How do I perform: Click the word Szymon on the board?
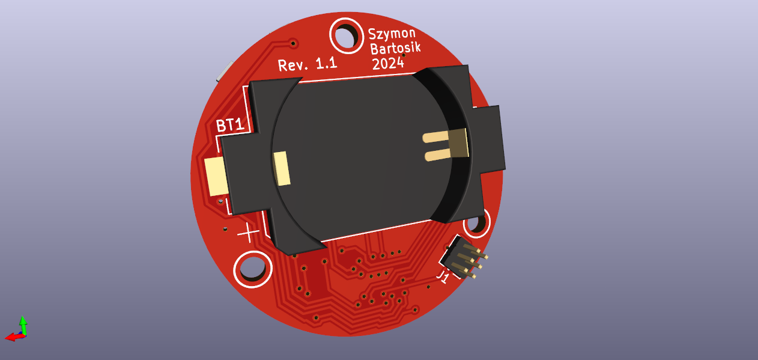392,34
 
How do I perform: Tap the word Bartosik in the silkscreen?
395,49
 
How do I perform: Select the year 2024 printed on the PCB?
387,64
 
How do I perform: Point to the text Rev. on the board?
293,65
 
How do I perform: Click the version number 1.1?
326,63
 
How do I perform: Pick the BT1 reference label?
231,126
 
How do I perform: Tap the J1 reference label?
443,277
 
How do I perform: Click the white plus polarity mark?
249,232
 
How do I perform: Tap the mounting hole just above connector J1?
476,223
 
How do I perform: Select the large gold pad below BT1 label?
216,176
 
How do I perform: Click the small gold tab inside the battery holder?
282,168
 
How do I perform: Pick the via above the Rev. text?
293,43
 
